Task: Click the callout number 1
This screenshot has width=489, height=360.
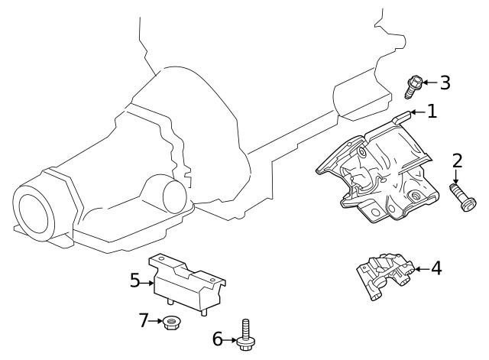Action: point(432,112)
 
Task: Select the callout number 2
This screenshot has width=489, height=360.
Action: point(457,161)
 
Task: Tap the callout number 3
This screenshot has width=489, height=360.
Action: point(444,83)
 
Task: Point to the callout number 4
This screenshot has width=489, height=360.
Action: point(436,268)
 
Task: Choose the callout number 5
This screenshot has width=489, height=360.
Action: point(135,281)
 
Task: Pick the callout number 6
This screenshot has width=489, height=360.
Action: point(217,339)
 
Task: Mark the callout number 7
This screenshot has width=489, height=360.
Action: point(143,320)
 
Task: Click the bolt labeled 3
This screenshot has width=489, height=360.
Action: point(413,86)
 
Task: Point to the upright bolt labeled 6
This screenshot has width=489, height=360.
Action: point(244,336)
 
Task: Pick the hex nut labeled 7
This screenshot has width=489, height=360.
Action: point(170,323)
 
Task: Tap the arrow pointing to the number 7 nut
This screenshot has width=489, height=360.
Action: point(155,321)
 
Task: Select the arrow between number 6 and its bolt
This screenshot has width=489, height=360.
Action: point(230,339)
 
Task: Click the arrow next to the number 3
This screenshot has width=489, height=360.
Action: point(429,83)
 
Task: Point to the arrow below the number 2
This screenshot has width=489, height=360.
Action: point(457,175)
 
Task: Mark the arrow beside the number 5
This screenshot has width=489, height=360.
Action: point(148,282)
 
